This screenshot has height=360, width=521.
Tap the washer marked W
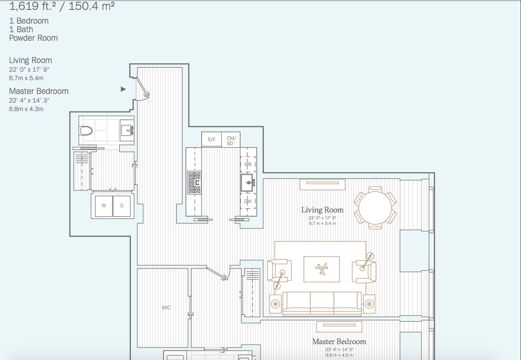(103, 206)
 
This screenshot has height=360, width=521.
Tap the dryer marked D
(122, 206)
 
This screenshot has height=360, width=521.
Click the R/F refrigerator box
(212, 139)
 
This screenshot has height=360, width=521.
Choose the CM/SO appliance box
(230, 140)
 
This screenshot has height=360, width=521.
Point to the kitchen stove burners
(194, 182)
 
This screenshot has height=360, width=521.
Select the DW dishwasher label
(248, 201)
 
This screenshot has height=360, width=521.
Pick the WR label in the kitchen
(248, 164)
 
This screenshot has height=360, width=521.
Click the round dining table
(375, 208)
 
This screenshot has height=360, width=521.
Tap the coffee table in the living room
(321, 269)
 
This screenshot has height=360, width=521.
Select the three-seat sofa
(322, 303)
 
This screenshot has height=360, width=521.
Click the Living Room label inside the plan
(322, 210)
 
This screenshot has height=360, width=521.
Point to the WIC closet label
(166, 308)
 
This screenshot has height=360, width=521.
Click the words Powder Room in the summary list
(33, 38)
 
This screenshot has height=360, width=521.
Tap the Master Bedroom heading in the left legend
(39, 91)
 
